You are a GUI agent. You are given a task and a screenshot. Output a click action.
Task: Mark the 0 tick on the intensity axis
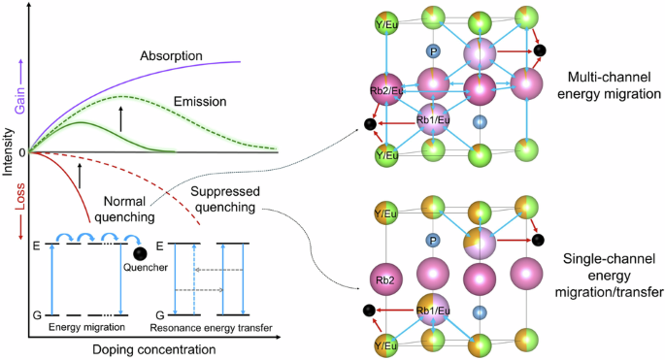[x=23, y=152]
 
